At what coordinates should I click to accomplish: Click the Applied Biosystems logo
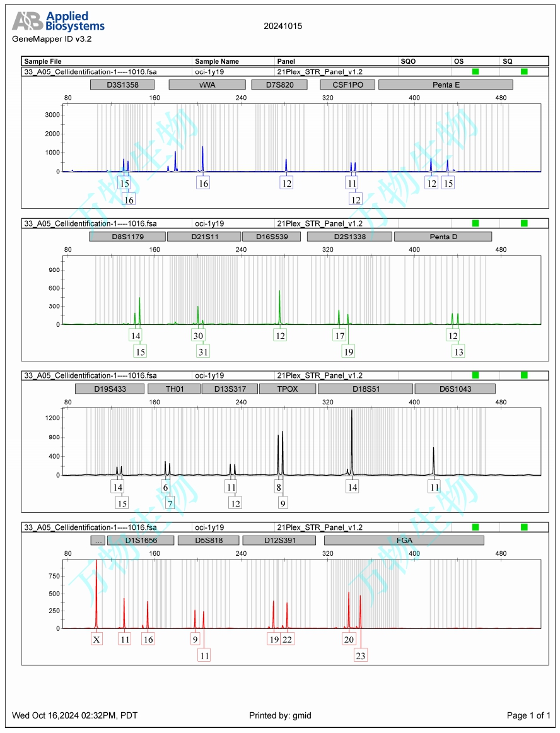click(x=58, y=21)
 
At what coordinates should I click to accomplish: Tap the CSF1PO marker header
click(x=347, y=85)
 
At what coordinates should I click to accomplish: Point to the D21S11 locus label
click(x=204, y=237)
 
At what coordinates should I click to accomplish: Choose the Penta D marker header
click(x=443, y=237)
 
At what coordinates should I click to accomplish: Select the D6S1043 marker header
click(x=455, y=389)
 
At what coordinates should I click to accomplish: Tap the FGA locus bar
click(x=404, y=541)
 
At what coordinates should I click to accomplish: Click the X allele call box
click(x=96, y=639)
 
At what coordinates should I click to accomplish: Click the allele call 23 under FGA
click(x=361, y=655)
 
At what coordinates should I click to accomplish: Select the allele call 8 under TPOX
click(x=278, y=487)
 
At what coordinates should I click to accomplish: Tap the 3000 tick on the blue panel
click(x=52, y=115)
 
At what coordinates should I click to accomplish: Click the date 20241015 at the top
click(x=283, y=26)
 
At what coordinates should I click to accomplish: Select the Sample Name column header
click(x=217, y=62)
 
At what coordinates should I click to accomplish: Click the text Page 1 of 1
click(x=528, y=715)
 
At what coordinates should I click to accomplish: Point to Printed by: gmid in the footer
click(x=280, y=715)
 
